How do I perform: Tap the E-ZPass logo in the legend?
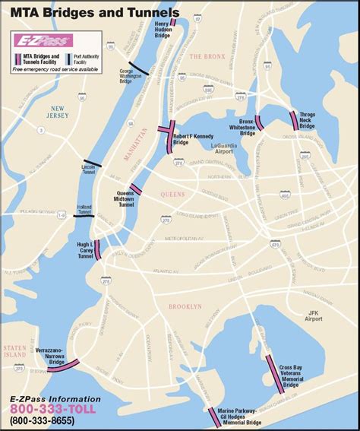point(43,40)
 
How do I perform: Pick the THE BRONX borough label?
point(207,56)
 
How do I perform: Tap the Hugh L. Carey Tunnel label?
point(84,250)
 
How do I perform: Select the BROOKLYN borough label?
point(185,306)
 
